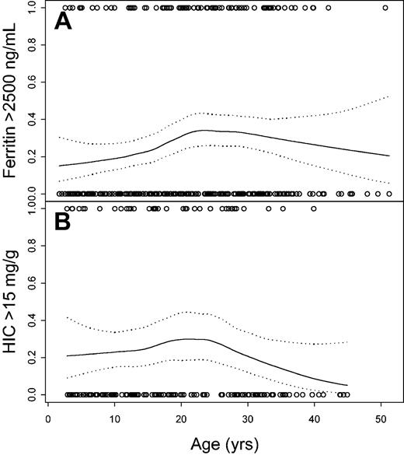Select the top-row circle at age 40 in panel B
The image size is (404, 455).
pos(314,208)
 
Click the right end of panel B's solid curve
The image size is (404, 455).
pos(347,385)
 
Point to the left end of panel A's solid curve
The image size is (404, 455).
pos(59,166)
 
